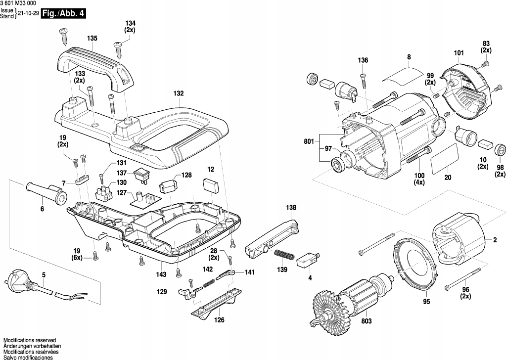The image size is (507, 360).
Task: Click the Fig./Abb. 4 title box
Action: (63, 13)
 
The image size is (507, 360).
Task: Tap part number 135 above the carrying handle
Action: (92, 38)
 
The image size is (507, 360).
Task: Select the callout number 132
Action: (179, 93)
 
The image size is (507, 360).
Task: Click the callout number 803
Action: (367, 321)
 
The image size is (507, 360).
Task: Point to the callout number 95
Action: (426, 302)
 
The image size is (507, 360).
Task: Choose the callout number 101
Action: (459, 53)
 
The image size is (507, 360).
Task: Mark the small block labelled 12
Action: (210, 185)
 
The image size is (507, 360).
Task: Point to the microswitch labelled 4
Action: (308, 259)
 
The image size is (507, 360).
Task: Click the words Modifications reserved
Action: (29, 340)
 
